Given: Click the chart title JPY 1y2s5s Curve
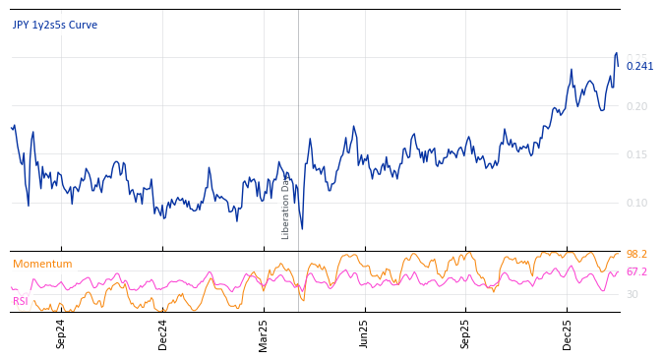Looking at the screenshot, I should coord(55,25).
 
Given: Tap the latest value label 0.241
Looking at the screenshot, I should coord(639,66).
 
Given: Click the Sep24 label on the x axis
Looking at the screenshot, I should coord(61,333).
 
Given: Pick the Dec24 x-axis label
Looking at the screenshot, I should coord(163,333).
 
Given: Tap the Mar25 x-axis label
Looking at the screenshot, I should coord(264,333).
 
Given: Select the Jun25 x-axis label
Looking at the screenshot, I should coord(365,333).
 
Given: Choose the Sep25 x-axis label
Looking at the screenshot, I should coord(466,333).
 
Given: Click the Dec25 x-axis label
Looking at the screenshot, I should coord(568,333).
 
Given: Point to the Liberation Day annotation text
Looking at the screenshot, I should coord(286,208).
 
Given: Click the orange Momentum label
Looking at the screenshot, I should coord(42,264).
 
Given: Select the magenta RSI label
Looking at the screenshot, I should coord(21,301).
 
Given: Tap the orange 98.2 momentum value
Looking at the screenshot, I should coord(636,254).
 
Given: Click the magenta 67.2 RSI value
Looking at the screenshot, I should coord(636,271).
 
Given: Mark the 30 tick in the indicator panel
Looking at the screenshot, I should coord(633,294).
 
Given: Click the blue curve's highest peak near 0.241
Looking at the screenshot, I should coord(617,53).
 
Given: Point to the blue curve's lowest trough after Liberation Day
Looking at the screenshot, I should coord(302,229).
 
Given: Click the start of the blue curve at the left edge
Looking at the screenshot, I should coord(12,126).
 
